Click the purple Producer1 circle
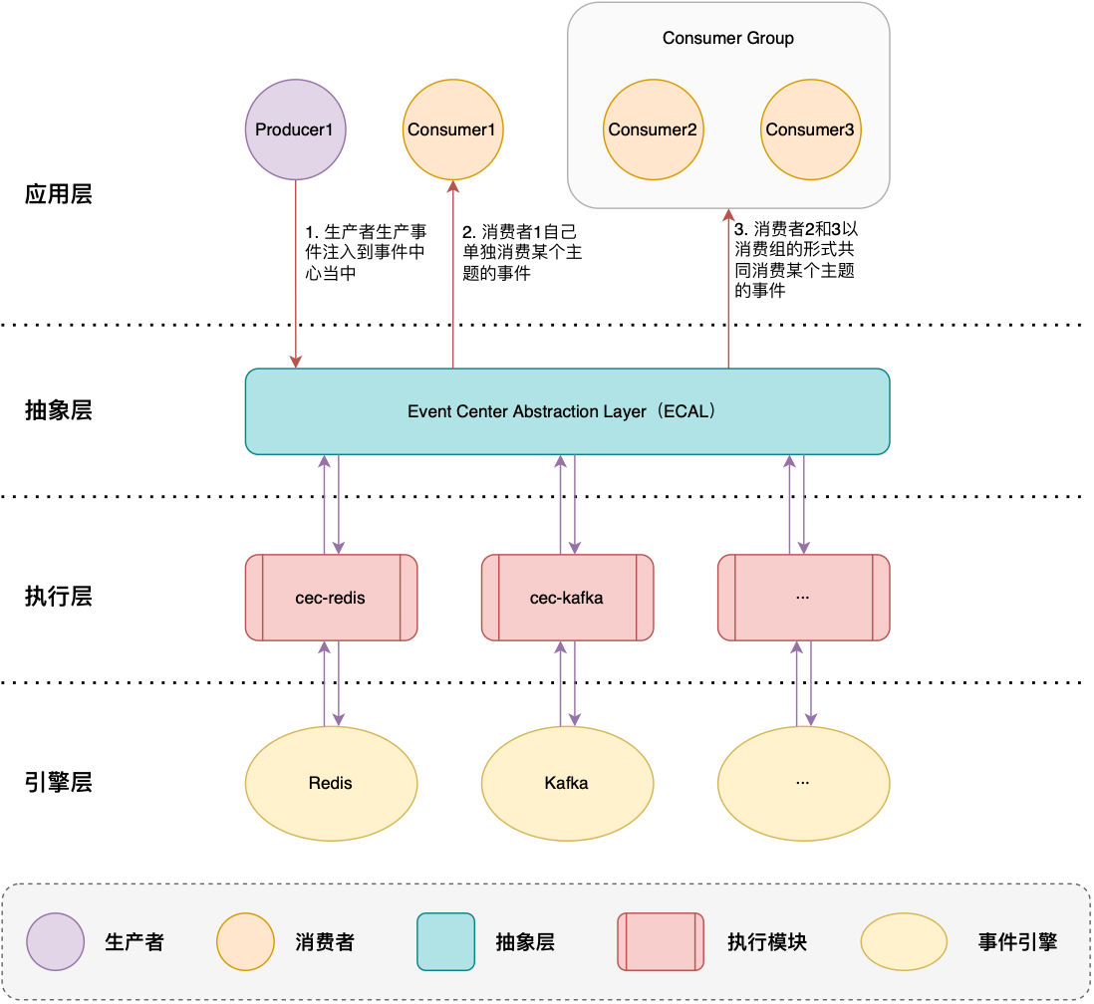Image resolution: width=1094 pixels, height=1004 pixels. click(x=295, y=129)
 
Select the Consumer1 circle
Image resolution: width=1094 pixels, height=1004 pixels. click(x=452, y=129)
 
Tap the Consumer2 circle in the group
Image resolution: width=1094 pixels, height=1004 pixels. click(x=653, y=129)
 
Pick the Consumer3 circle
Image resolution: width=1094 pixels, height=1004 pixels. click(x=809, y=129)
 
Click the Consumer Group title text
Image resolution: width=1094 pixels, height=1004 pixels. click(x=727, y=39)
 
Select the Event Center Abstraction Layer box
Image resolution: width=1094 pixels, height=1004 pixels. click(x=567, y=411)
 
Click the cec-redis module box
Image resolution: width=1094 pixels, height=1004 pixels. click(x=331, y=598)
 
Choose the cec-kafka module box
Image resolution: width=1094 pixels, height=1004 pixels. click(x=567, y=598)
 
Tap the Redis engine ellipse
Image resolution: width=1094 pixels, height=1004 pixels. click(x=331, y=783)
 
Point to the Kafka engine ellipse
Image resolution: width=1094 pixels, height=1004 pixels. click(x=567, y=783)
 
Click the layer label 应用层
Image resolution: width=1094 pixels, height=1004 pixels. click(x=59, y=194)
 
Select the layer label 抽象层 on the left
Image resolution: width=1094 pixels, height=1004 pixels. click(x=59, y=410)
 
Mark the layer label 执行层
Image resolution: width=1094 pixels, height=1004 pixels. click(x=59, y=597)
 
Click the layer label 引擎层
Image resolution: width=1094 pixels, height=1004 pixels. click(x=59, y=782)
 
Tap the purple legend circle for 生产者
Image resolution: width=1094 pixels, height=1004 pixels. click(x=56, y=942)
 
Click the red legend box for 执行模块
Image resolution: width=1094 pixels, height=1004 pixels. click(x=661, y=942)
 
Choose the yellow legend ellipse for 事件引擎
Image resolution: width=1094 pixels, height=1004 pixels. click(x=904, y=942)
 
